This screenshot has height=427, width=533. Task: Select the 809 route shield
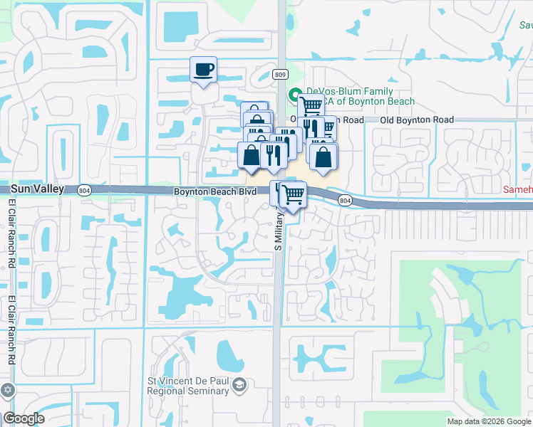281,74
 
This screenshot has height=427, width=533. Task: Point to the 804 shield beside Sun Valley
84,190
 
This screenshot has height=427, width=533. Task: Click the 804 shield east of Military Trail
345,201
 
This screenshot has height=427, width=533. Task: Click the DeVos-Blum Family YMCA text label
353,96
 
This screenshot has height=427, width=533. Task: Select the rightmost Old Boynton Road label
417,120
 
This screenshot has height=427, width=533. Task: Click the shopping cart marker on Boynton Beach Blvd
293,194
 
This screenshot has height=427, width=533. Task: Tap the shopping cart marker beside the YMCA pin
311,106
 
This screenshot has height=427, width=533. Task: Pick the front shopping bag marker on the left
251,154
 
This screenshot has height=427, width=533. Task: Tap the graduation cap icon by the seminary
239,386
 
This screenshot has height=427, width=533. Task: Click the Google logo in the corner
24,418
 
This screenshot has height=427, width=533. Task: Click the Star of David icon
8,390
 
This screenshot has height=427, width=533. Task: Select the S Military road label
279,228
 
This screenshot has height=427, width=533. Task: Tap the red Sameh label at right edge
518,190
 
